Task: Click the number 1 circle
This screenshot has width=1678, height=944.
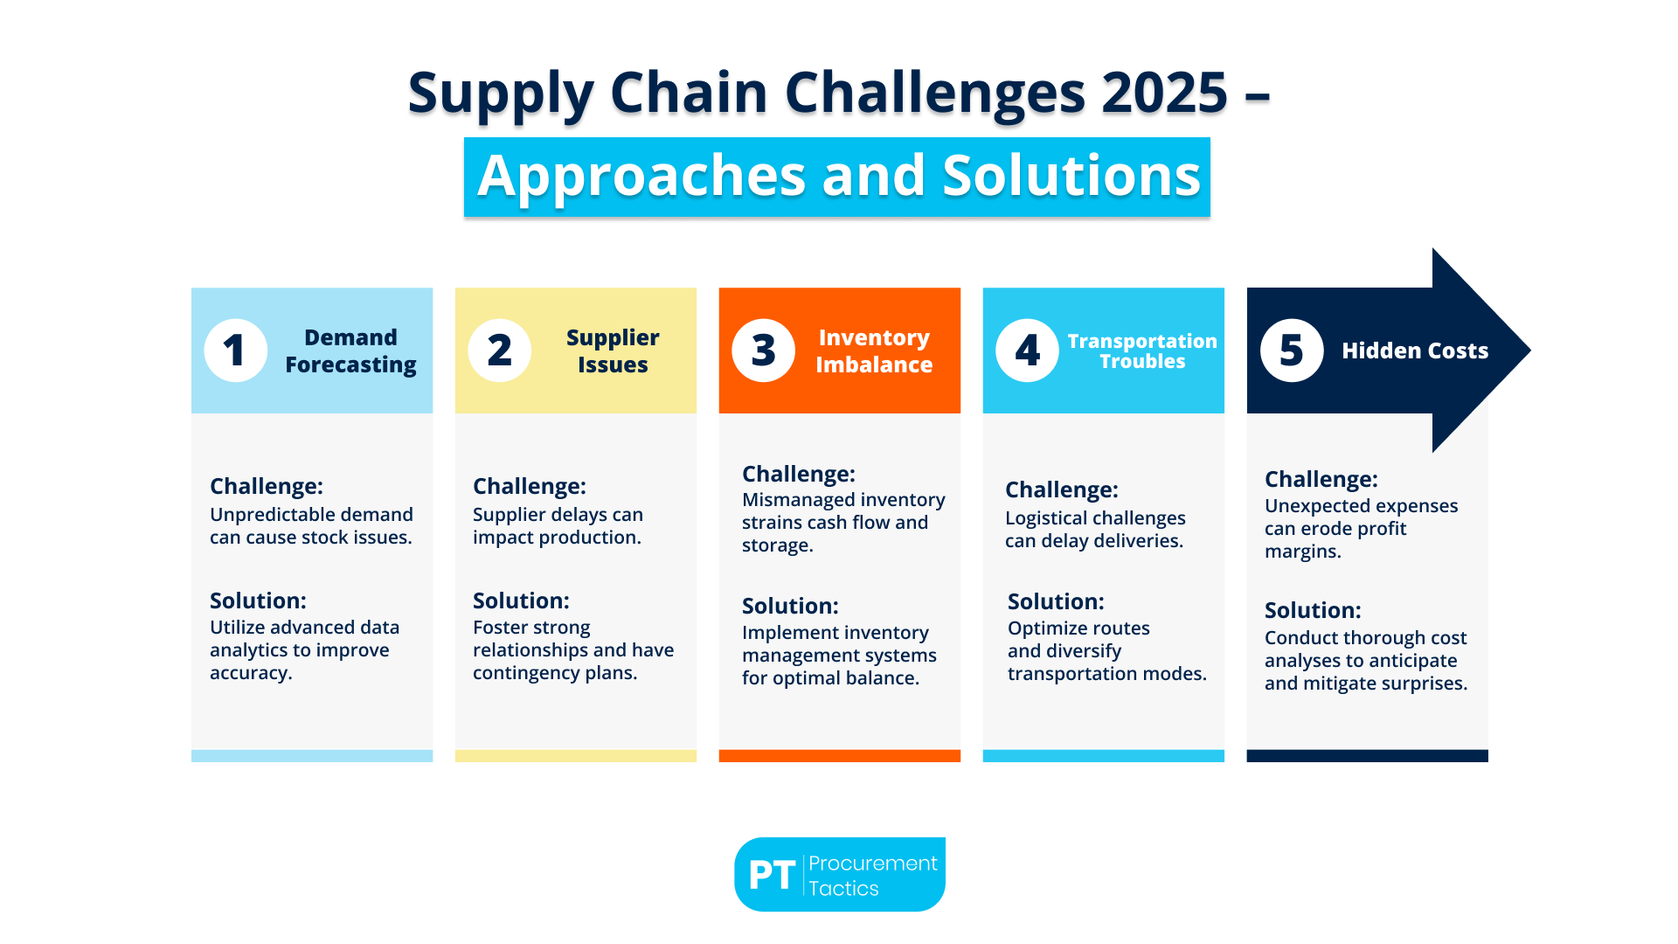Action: coord(235,351)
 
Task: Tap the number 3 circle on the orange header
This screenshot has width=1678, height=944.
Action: coord(763,351)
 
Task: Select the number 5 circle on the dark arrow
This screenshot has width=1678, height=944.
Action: coord(1292,351)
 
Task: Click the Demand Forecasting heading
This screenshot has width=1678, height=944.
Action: coord(350,351)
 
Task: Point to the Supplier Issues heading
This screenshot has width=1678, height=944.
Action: coord(613,351)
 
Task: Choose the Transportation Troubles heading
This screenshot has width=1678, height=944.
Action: coord(1142,351)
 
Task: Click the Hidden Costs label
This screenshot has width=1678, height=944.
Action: coord(1414,351)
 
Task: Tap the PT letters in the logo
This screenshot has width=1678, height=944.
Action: coord(772,875)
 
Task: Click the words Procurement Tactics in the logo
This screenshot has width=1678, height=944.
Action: coord(871,875)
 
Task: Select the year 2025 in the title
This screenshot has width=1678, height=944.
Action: coord(1164,92)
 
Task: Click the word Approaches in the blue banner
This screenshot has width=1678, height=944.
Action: coord(641,176)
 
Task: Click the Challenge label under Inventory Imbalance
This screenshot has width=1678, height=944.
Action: coord(798,474)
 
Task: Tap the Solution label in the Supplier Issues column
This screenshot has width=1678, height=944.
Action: coord(521,600)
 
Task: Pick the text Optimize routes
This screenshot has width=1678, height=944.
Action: coord(1078,628)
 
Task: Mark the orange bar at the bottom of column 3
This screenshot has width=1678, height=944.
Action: coord(839,755)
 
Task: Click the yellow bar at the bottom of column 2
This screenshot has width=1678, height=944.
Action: coord(575,755)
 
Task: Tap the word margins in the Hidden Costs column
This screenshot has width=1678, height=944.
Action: coord(1302,552)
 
